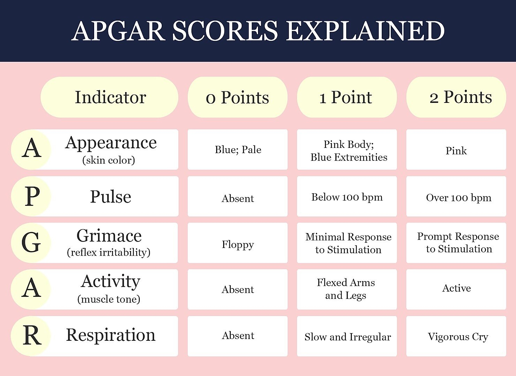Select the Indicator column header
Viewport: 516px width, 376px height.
coord(110,97)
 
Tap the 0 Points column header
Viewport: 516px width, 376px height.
coord(237,97)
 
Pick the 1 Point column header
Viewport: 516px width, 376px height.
coord(347,97)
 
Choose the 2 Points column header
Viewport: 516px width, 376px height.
coord(456,97)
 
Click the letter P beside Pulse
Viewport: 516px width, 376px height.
coord(32,196)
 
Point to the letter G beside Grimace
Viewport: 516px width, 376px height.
coord(31,242)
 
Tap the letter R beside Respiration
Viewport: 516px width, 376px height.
coord(32,336)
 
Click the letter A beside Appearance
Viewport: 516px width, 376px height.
coord(31,149)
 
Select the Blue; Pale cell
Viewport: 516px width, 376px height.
coord(238,150)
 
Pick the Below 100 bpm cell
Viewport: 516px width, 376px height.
coord(347,197)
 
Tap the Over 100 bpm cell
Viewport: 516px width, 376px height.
coord(458,198)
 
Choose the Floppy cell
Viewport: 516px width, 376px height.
coord(238,244)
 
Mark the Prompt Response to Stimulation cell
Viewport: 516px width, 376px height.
coord(458,243)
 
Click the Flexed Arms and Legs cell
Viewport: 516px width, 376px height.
coord(346,289)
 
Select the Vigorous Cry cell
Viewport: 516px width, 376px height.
coord(458,337)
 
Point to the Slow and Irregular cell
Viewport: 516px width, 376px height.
coord(348,337)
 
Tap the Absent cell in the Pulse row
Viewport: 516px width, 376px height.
coord(238,198)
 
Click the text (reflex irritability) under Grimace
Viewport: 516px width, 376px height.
coord(108,252)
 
